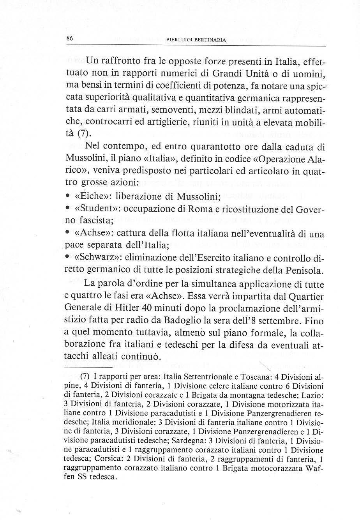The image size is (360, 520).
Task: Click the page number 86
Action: point(70,38)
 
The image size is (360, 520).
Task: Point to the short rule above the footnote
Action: point(88,367)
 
